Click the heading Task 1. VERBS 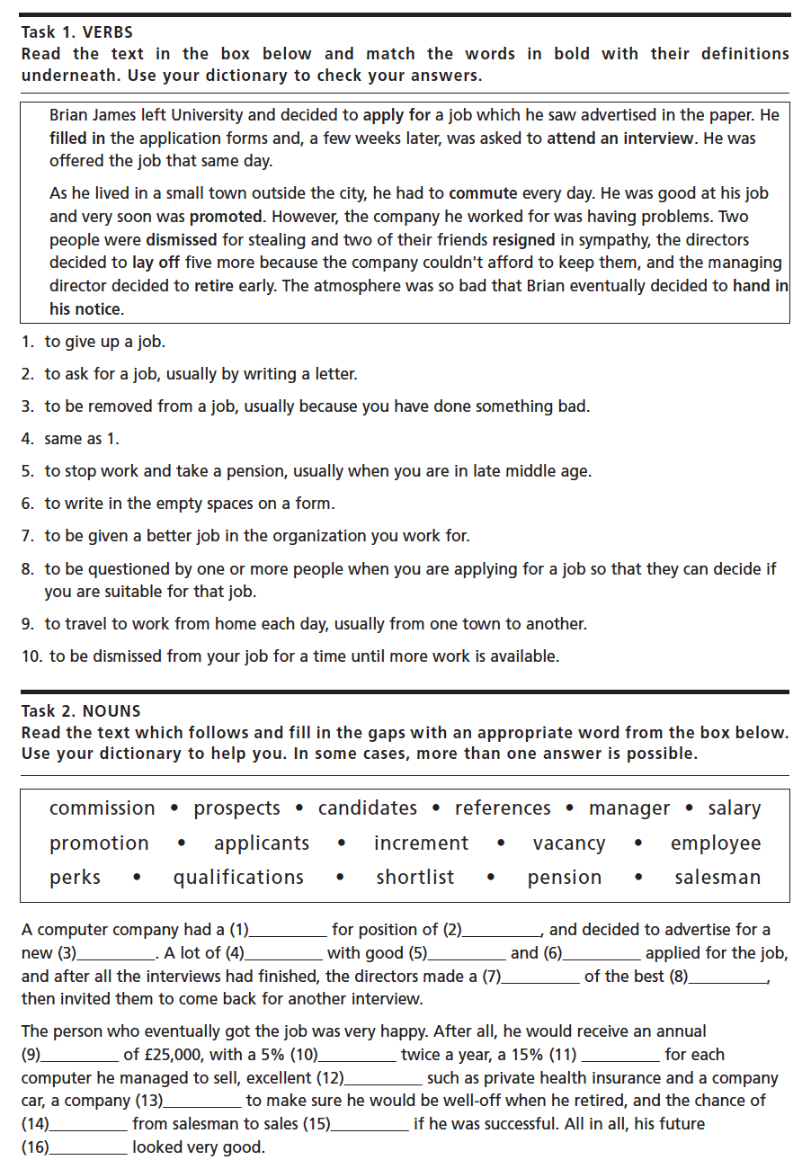pyautogui.click(x=76, y=32)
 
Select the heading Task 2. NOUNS pyautogui.click(x=81, y=710)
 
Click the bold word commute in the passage pyautogui.click(x=483, y=193)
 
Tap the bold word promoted pyautogui.click(x=226, y=217)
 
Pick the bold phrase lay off pyautogui.click(x=156, y=263)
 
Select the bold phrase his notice pyautogui.click(x=85, y=309)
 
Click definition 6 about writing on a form pyautogui.click(x=190, y=504)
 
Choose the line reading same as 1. pyautogui.click(x=82, y=439)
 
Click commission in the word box pyautogui.click(x=102, y=808)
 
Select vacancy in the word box pyautogui.click(x=568, y=843)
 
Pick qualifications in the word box pyautogui.click(x=238, y=878)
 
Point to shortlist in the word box pyautogui.click(x=415, y=878)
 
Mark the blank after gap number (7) pyautogui.click(x=541, y=977)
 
